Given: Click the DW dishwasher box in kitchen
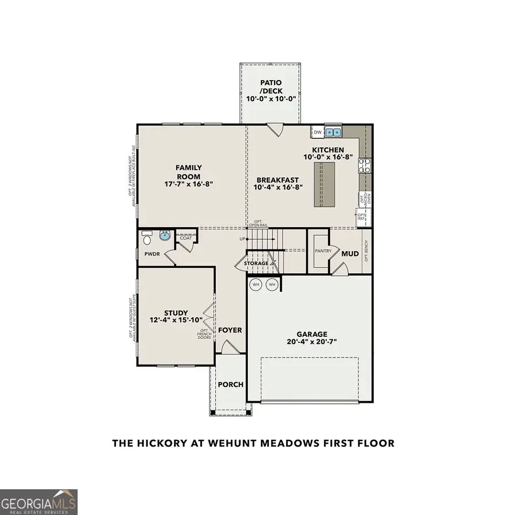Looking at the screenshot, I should click(318, 133).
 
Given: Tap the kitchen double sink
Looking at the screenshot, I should click(333, 133).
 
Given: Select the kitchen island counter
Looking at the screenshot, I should click(323, 184).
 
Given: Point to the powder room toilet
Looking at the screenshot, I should click(146, 236).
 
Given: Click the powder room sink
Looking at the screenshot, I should click(165, 236).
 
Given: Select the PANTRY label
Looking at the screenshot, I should click(319, 251).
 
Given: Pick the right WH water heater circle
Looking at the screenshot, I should click(272, 284).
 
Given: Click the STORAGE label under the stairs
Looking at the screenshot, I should click(256, 263).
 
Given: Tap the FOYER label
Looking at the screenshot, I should click(230, 330).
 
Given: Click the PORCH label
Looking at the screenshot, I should click(231, 385).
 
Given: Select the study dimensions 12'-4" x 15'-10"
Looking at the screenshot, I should click(176, 320).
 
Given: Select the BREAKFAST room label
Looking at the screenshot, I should click(276, 180).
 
